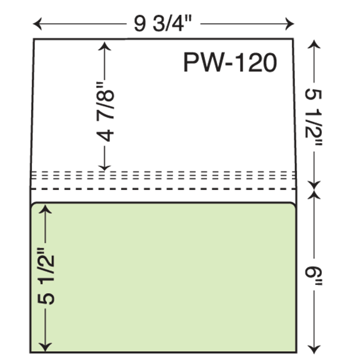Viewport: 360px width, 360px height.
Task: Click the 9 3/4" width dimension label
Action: (x=162, y=24)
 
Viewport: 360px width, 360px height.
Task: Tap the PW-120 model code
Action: (x=230, y=62)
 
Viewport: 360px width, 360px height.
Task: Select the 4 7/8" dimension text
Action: (x=106, y=111)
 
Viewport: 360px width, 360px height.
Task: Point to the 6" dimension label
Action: (x=314, y=275)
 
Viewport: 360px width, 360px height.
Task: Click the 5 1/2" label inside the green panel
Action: (x=46, y=276)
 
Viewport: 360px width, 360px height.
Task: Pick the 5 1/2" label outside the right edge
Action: (x=314, y=117)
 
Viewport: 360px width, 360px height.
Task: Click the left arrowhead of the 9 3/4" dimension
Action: (x=37, y=24)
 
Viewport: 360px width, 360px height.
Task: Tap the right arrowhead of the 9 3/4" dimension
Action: (x=289, y=24)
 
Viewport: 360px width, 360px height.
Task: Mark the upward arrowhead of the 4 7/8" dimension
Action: (x=104, y=46)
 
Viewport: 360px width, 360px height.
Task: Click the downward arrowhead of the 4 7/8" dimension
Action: (x=104, y=166)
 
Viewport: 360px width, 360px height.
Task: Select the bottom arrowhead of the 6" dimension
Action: (x=314, y=348)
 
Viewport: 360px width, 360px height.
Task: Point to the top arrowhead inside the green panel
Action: (x=45, y=209)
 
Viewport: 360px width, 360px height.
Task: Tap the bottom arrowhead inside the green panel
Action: (x=45, y=347)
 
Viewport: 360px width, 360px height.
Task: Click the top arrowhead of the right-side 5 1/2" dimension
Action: (x=314, y=44)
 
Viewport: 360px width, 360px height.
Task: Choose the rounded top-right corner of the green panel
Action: (x=292, y=204)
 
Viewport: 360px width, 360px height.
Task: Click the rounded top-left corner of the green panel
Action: (x=34, y=205)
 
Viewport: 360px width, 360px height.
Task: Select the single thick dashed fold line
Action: (x=164, y=189)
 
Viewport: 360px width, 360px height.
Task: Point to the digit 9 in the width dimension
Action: (x=139, y=24)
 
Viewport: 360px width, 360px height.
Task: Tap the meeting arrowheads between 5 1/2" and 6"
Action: (x=314, y=191)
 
